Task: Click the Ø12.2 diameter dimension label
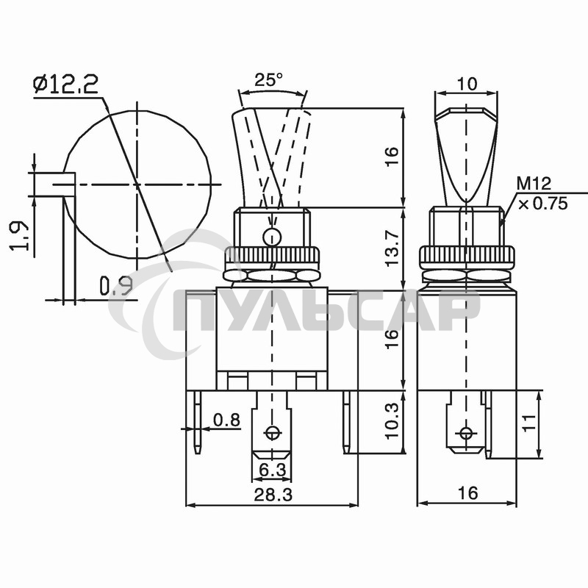click(x=66, y=85)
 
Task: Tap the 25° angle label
click(x=269, y=79)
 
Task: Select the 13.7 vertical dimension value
click(x=392, y=250)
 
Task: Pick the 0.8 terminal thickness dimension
click(x=226, y=420)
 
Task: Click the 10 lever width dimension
click(x=466, y=84)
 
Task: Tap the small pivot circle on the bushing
click(x=272, y=237)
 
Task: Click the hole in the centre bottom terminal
click(x=273, y=432)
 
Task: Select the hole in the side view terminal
click(x=465, y=432)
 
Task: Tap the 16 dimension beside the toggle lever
click(x=392, y=157)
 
